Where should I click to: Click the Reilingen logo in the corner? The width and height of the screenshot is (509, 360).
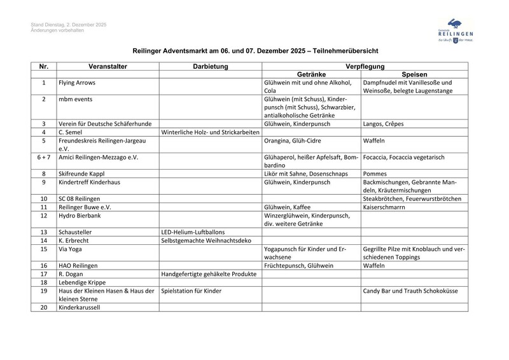pyautogui.click(x=452, y=30)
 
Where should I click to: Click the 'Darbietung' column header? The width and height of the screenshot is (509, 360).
pyautogui.click(x=210, y=66)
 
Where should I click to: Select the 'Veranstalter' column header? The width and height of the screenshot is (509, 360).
pyautogui.click(x=108, y=66)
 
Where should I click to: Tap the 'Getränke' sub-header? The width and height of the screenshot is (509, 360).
pyautogui.click(x=311, y=74)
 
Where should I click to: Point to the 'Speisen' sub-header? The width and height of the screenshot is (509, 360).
pyautogui.click(x=414, y=74)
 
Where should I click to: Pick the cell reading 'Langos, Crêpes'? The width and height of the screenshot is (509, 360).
pyautogui.click(x=383, y=123)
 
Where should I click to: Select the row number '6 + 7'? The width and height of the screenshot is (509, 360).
pyautogui.click(x=43, y=156)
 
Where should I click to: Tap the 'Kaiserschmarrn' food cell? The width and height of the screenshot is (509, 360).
pyautogui.click(x=386, y=207)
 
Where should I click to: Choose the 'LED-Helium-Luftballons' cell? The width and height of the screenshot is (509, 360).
pyautogui.click(x=194, y=232)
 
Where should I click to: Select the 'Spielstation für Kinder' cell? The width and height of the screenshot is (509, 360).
pyautogui.click(x=192, y=291)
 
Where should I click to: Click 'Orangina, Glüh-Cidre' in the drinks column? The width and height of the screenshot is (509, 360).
pyautogui.click(x=293, y=140)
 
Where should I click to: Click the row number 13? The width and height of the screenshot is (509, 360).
pyautogui.click(x=43, y=232)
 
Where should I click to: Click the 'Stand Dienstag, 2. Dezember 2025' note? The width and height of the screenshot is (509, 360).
pyautogui.click(x=69, y=25)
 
